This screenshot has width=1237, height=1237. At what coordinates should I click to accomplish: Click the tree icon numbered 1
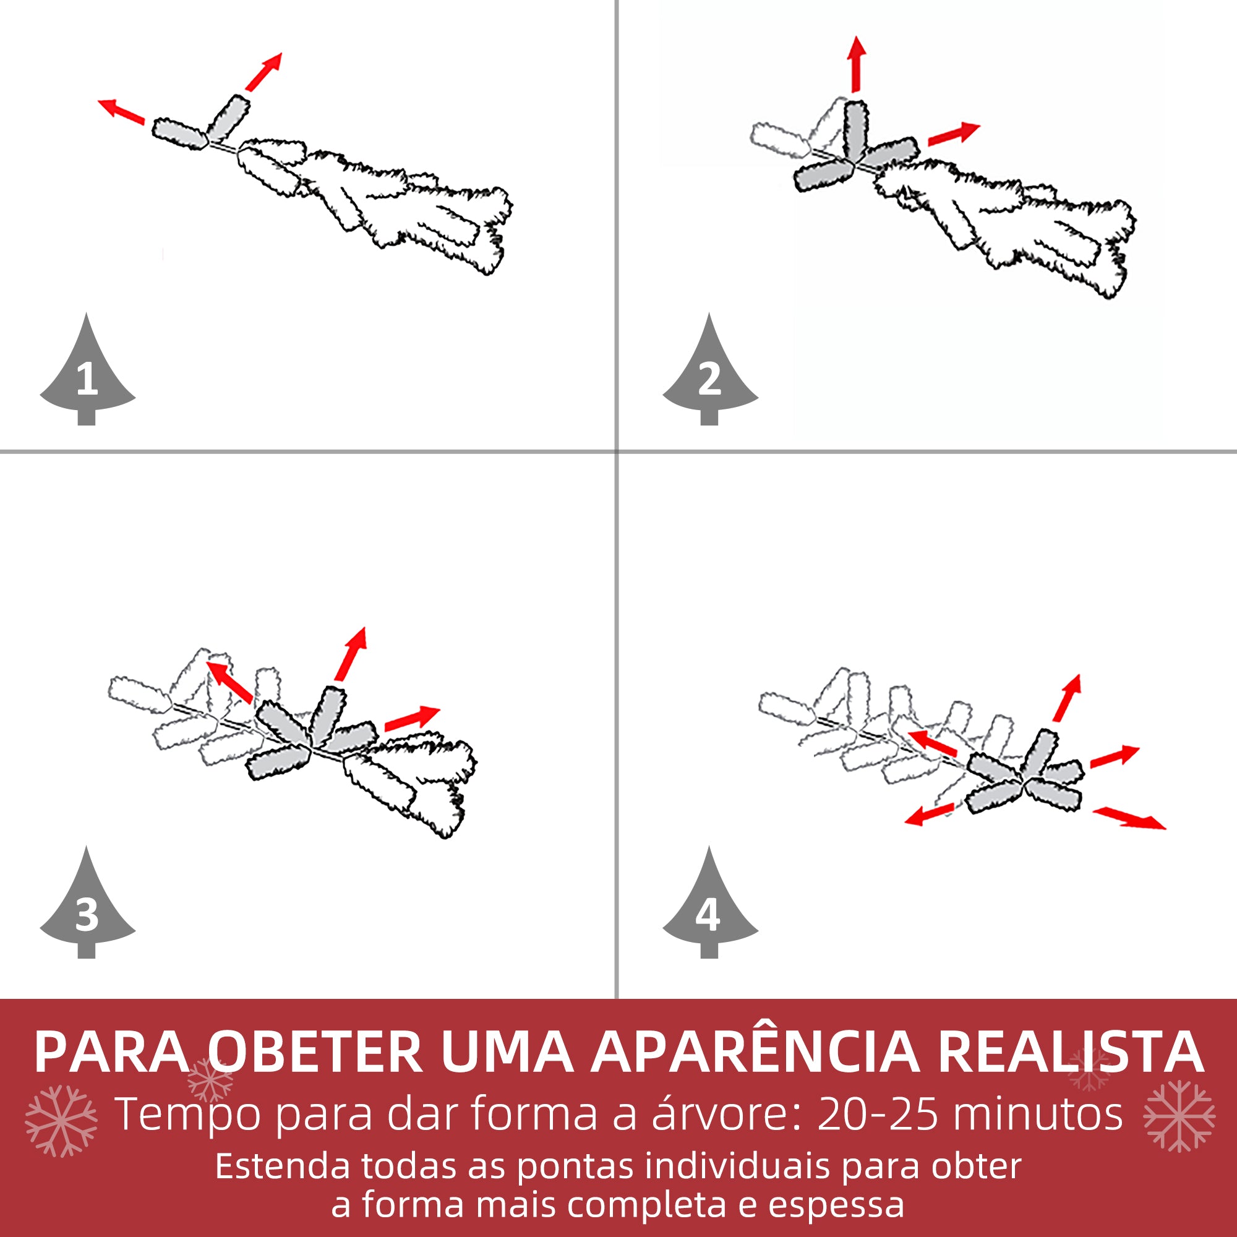point(87,375)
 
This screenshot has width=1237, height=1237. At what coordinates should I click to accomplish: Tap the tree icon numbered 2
point(709,375)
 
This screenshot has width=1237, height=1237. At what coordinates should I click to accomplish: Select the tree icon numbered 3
point(87,909)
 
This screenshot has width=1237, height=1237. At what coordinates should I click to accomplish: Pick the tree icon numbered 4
point(709,909)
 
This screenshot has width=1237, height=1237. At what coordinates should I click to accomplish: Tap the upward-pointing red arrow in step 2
point(856,64)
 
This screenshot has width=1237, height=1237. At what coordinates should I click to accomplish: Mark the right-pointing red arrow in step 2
point(953,134)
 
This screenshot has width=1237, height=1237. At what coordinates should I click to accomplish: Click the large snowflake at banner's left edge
point(61,1121)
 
